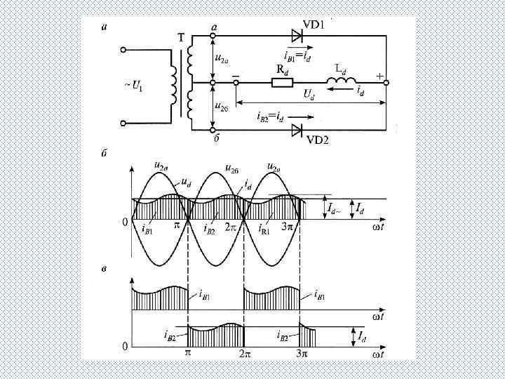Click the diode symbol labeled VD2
click(297, 130)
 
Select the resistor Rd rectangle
click(283, 82)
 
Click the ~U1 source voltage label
click(133, 87)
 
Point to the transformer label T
click(180, 39)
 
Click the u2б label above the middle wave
click(231, 169)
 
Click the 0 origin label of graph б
click(126, 222)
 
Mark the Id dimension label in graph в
click(361, 338)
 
